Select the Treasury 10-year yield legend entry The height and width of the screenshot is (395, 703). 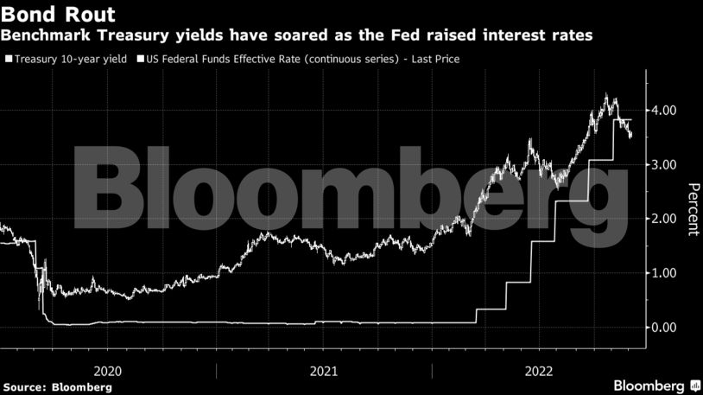[70, 60]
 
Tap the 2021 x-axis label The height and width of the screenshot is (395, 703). [324, 370]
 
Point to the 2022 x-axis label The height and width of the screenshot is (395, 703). [539, 370]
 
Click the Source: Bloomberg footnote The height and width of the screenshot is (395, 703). [57, 386]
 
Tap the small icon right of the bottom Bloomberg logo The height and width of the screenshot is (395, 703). [695, 385]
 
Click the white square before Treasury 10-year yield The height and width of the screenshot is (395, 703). [9, 60]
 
